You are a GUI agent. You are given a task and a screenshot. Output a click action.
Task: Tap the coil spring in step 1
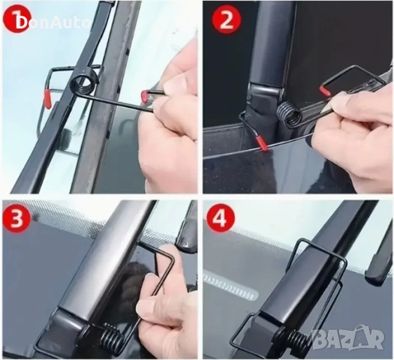click(84, 80)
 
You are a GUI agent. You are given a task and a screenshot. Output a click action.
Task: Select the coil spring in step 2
click(289, 116)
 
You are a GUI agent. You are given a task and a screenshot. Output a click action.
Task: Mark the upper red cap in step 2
click(325, 91)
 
